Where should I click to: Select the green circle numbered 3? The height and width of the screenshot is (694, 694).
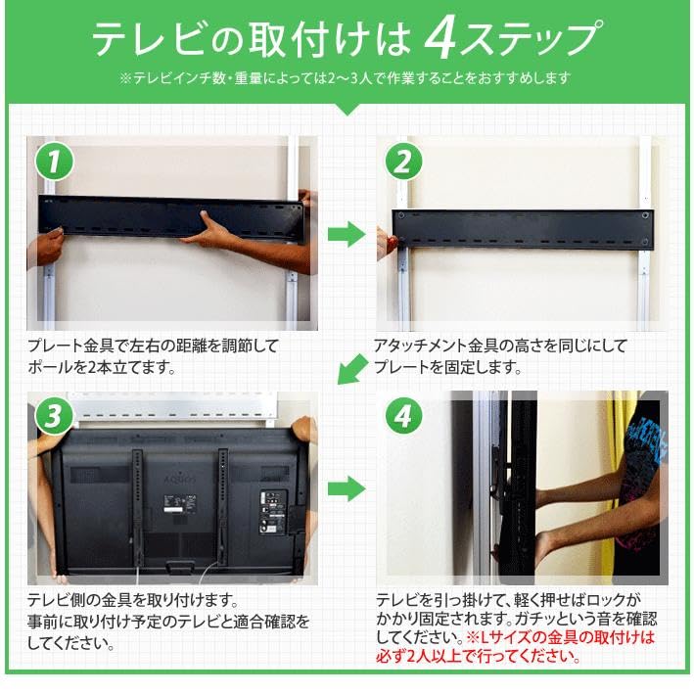tap(56, 417)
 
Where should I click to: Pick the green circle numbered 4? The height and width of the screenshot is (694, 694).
tap(401, 417)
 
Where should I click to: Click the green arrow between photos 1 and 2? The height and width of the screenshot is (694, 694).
tap(345, 235)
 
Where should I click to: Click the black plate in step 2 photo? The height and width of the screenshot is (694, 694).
tap(522, 228)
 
